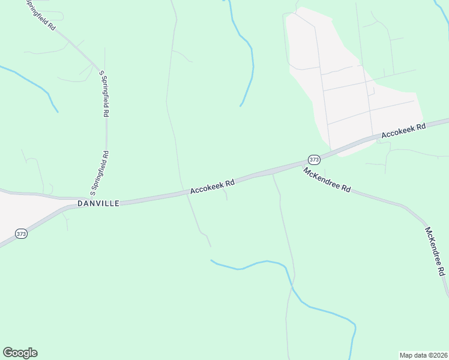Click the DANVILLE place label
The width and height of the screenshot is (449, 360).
(98, 203)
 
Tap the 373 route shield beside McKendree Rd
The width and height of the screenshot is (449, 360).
(314, 159)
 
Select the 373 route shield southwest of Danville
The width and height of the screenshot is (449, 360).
(21, 233)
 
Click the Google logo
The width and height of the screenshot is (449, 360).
(20, 352)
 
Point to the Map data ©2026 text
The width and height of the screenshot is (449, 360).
(423, 355)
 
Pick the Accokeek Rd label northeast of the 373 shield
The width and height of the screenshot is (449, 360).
(403, 130)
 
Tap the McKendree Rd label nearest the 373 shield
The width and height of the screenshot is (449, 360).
(327, 179)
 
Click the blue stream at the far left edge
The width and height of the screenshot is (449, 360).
(30, 81)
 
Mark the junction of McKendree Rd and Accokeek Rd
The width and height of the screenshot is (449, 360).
(300, 164)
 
